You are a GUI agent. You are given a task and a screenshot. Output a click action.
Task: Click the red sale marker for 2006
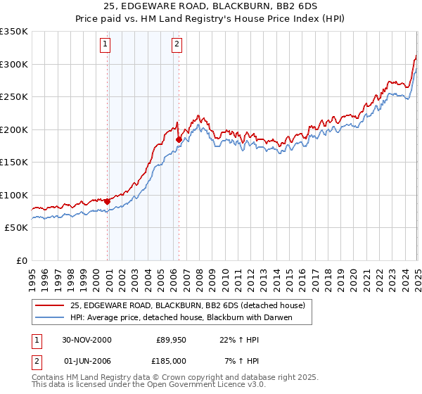[x=179, y=140]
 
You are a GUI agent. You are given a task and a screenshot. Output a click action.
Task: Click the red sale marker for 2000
[x=108, y=202]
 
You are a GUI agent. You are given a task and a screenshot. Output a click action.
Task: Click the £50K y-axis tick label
[x=16, y=228]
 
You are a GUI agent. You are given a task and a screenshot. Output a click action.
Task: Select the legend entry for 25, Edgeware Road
[x=187, y=305]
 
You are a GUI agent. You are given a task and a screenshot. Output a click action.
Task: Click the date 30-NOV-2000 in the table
[x=87, y=340]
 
